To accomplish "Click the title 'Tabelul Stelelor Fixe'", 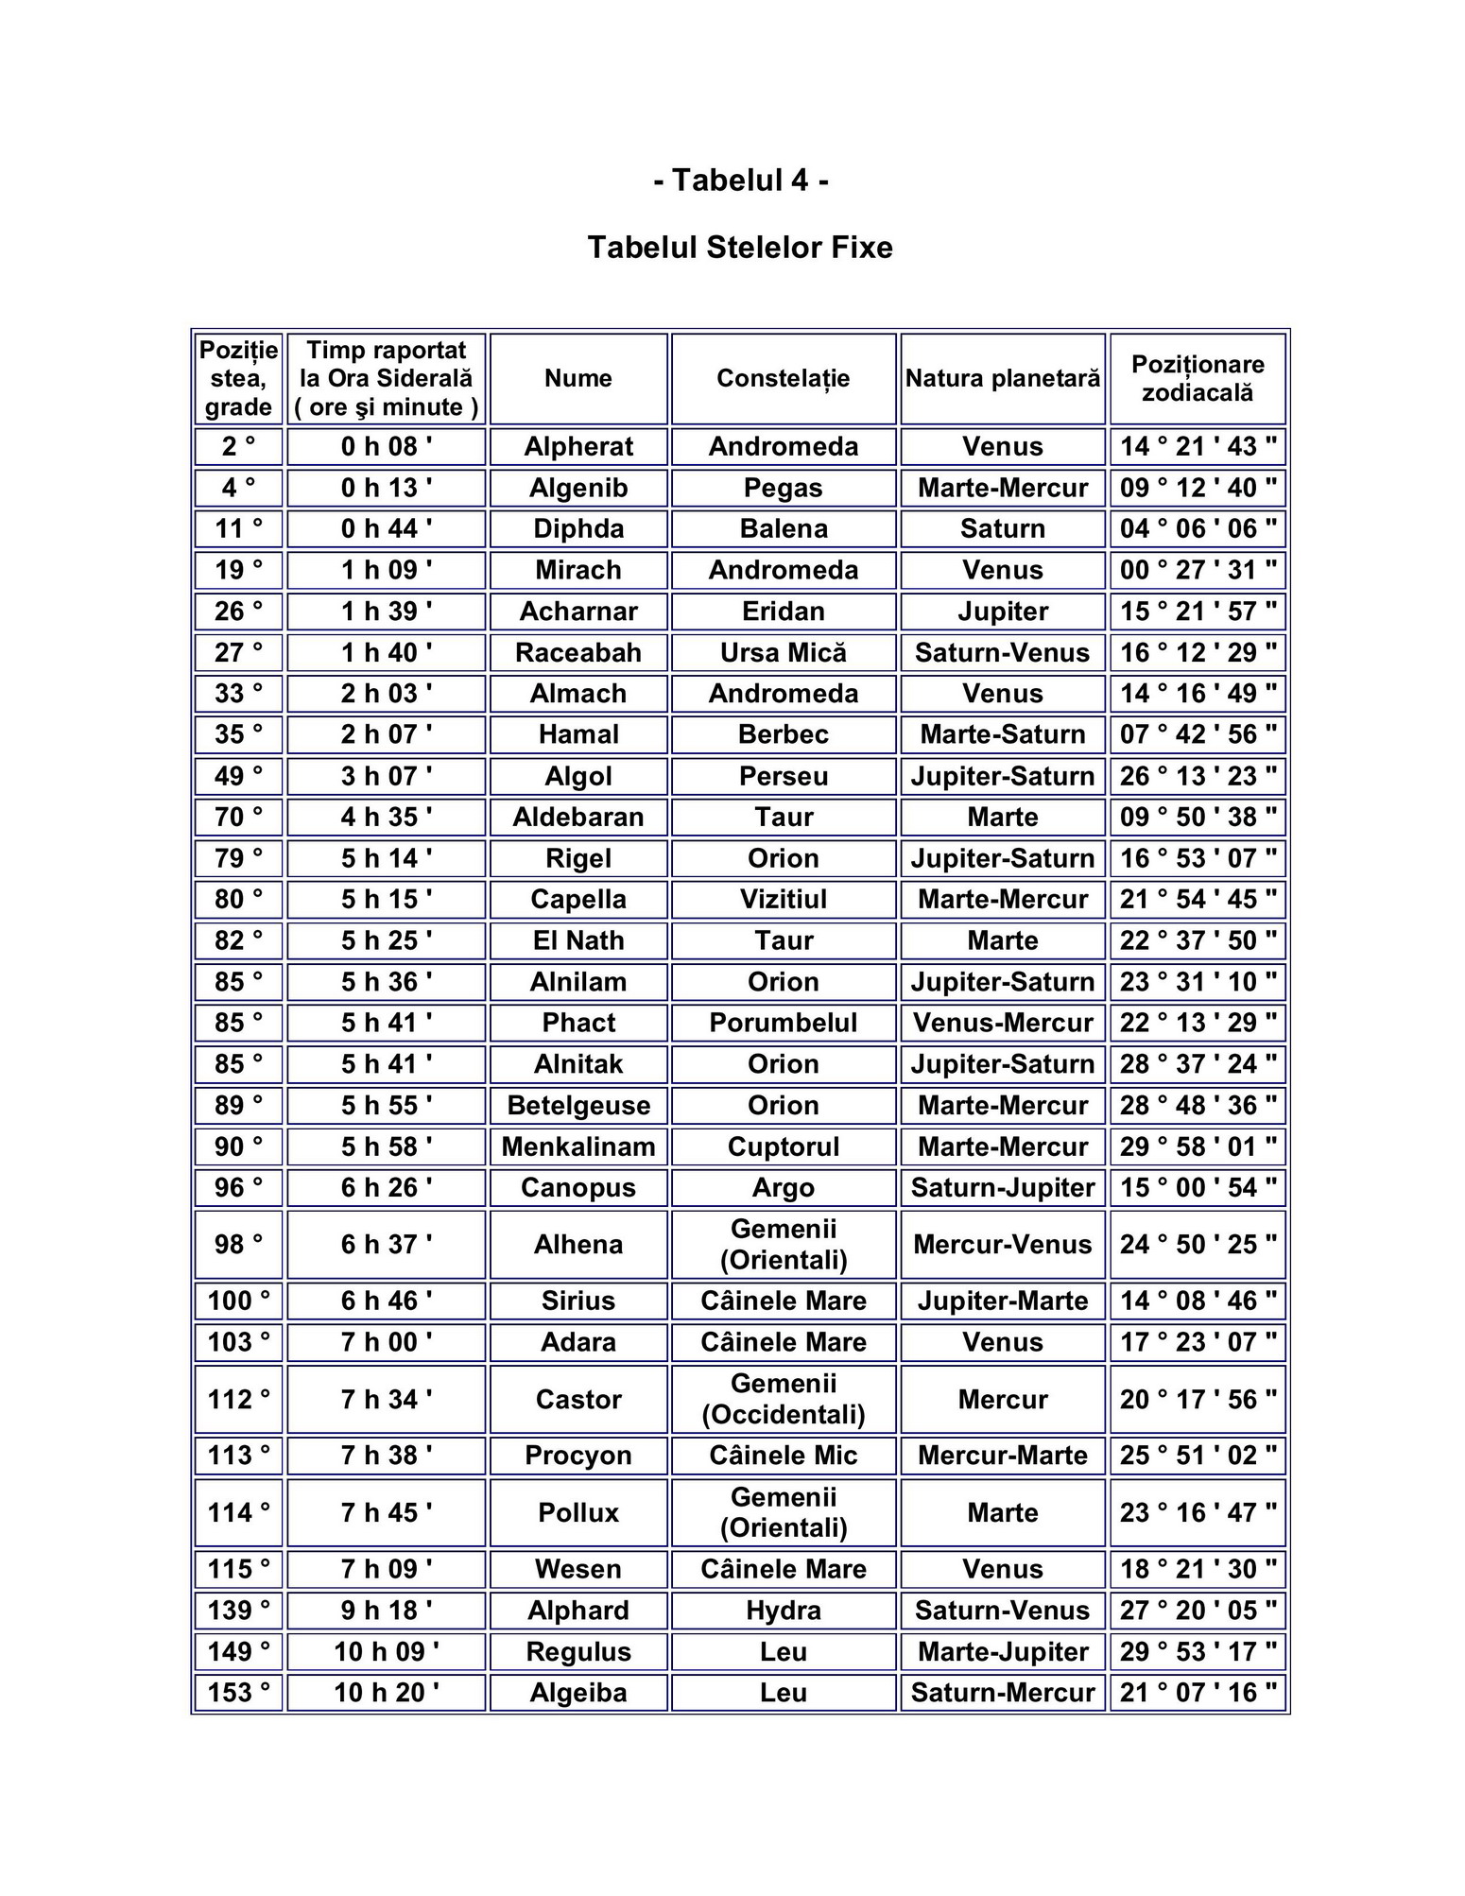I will coord(740,248).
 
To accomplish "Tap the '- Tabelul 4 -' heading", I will coord(740,180).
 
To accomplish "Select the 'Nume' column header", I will coord(577,378).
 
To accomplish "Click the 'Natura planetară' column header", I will coord(1002,378).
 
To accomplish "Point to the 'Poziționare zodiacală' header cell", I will coord(1197,378).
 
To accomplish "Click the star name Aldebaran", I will coord(577,817).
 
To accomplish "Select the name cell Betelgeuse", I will coord(577,1105).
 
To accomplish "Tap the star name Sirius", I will coord(577,1301).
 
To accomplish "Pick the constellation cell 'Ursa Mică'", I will coord(783,652).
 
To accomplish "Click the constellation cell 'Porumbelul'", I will coord(783,1023).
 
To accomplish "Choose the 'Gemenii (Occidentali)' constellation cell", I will coord(783,1399).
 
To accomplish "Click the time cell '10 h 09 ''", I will coord(386,1651).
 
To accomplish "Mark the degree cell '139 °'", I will coord(238,1611).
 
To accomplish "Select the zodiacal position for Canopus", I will coord(1197,1187).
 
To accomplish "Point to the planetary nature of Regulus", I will coord(1002,1651).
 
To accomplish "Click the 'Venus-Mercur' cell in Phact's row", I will coord(1002,1023).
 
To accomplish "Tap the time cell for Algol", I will coord(386,776).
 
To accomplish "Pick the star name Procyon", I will coord(577,1456).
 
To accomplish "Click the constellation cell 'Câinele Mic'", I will coord(783,1456).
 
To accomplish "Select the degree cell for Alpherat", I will coord(238,446).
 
